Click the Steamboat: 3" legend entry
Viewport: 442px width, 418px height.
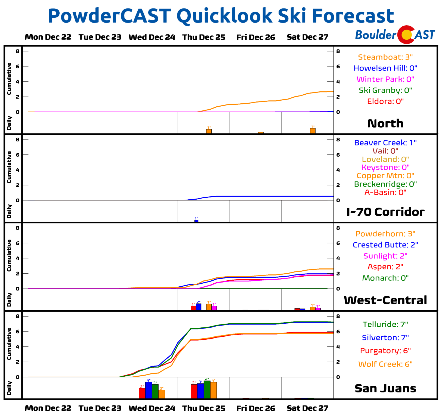click(x=385, y=57)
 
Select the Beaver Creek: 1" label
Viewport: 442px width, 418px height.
click(x=385, y=143)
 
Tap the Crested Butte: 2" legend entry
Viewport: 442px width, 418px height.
click(x=385, y=245)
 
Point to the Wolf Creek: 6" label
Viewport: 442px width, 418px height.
click(x=385, y=364)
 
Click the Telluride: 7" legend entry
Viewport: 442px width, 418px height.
click(x=385, y=324)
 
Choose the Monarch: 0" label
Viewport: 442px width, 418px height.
click(x=385, y=278)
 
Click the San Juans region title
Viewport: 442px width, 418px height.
click(x=385, y=388)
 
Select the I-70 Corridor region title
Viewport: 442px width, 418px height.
click(x=385, y=212)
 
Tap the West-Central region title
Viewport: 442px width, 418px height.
click(x=385, y=300)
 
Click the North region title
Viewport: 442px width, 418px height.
click(x=385, y=123)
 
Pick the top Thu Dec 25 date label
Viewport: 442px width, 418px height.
click(x=204, y=37)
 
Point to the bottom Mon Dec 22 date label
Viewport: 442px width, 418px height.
click(x=48, y=408)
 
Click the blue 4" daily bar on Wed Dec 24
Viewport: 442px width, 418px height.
click(x=149, y=390)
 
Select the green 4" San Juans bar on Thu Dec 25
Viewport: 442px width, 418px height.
click(x=207, y=390)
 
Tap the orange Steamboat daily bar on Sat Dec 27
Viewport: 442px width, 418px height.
click(x=313, y=131)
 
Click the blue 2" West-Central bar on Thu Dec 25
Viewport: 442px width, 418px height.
click(x=199, y=307)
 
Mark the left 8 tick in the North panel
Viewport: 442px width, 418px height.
click(x=18, y=51)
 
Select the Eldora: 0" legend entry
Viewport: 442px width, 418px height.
click(x=385, y=101)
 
